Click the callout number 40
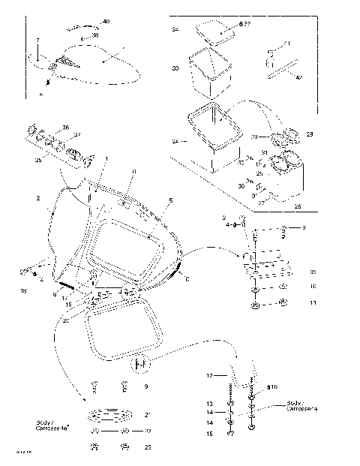105,22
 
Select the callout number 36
66,128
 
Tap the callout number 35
39,160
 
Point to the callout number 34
175,30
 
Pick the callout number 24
175,140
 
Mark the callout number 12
211,374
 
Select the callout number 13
211,403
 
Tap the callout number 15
211,434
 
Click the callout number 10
313,286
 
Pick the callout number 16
274,386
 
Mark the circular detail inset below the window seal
139,365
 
